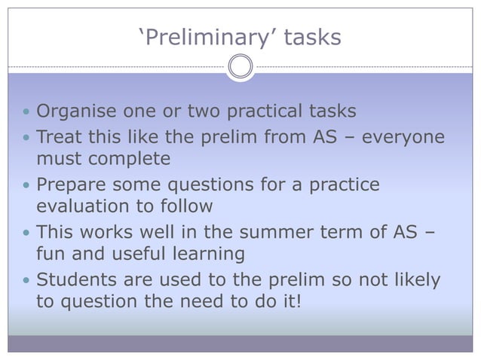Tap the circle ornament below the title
(240, 67)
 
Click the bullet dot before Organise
(26, 113)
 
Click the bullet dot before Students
(26, 281)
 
